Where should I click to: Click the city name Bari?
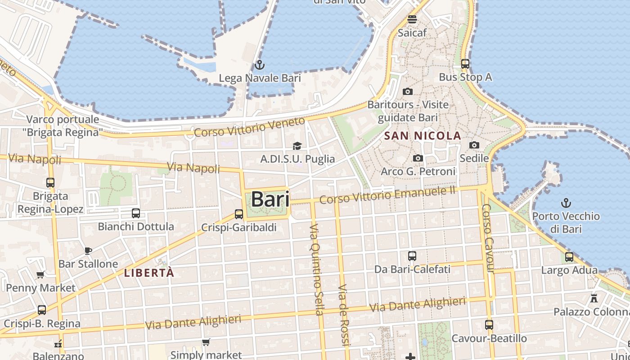tap(270, 199)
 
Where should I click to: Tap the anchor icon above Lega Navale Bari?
tap(259, 65)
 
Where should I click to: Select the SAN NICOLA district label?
tap(423, 135)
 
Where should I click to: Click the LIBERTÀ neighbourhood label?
tap(149, 273)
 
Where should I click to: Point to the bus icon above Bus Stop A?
tap(465, 64)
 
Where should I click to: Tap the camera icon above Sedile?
tap(474, 145)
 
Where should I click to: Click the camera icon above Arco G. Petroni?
tap(418, 158)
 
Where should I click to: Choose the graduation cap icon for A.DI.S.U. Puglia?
tap(297, 146)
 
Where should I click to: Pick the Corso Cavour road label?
tap(488, 238)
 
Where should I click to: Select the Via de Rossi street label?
tap(344, 315)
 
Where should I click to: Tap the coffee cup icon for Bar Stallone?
tap(88, 251)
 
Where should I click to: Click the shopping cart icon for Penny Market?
tap(40, 274)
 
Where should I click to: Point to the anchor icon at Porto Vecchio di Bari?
tap(566, 203)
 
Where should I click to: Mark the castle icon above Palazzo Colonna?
tap(594, 298)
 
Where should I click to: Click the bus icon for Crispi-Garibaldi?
tap(239, 214)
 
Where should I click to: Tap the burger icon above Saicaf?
tap(412, 19)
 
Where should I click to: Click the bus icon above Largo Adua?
tap(569, 257)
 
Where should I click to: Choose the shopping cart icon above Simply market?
tap(206, 342)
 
